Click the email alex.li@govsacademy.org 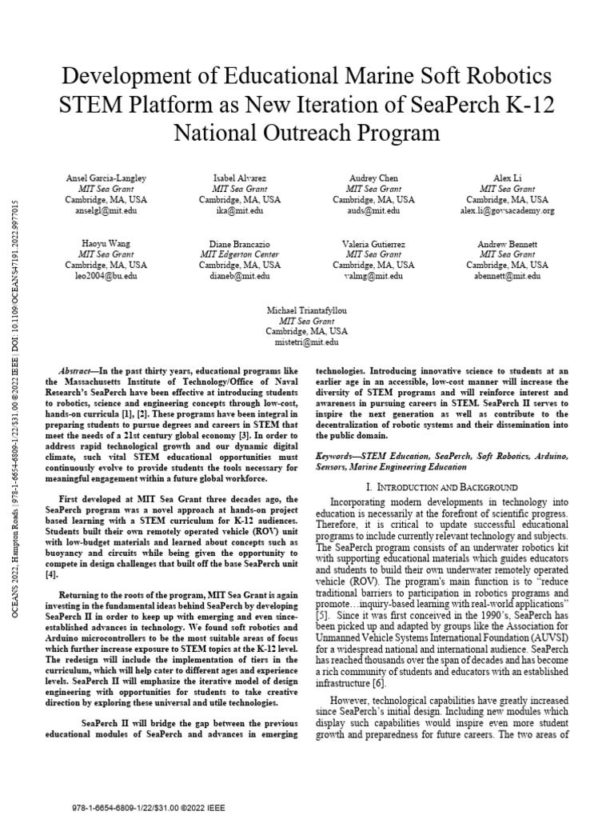point(508,210)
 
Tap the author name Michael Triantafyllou point(306,307)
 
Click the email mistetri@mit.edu point(306,342)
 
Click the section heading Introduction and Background point(441,486)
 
